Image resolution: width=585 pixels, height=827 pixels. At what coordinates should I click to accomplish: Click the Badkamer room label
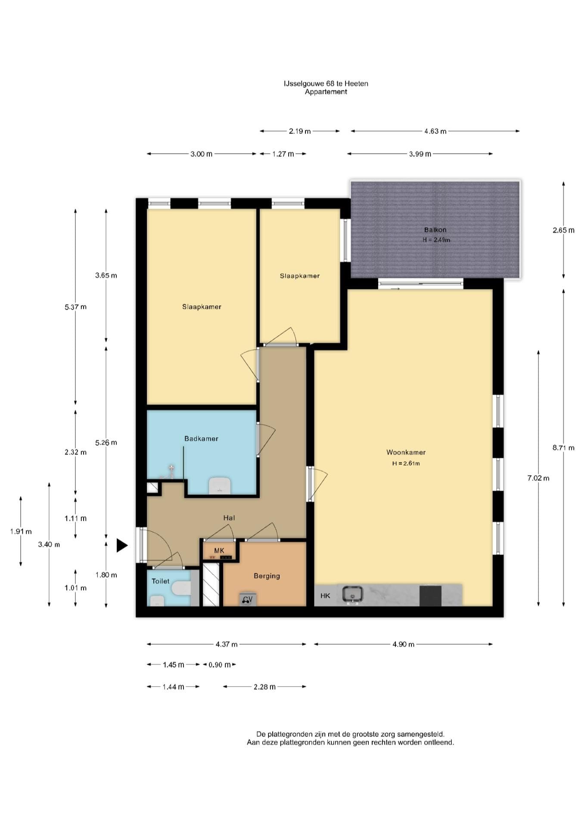[201, 438]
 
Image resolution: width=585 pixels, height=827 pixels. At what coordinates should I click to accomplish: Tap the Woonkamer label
[406, 452]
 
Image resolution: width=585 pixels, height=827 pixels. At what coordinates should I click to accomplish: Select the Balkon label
[435, 230]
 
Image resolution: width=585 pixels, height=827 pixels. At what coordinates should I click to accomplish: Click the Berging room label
[267, 576]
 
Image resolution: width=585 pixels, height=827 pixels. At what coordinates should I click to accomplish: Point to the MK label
[219, 550]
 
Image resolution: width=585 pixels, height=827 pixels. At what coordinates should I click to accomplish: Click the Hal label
[229, 518]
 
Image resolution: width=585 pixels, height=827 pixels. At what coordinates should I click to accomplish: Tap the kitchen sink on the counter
[352, 595]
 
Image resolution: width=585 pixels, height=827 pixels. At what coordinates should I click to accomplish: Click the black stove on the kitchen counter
[430, 595]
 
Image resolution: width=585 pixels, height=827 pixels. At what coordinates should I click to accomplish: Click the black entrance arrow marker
[122, 545]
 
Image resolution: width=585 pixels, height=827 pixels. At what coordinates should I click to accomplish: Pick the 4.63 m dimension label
[435, 131]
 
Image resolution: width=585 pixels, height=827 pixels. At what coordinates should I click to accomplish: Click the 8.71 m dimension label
[563, 448]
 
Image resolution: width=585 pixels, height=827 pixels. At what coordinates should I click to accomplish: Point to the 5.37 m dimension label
[75, 307]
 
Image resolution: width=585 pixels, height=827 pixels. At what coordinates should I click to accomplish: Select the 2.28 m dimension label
[264, 687]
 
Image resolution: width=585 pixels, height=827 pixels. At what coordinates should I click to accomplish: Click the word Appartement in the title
[326, 92]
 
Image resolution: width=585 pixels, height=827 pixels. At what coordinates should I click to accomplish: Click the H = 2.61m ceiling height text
[406, 463]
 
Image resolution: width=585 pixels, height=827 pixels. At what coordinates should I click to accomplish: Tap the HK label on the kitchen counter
[325, 596]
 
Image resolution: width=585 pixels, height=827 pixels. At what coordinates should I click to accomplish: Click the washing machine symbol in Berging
[248, 599]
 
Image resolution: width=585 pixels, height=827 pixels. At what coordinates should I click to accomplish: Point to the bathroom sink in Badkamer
[220, 485]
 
